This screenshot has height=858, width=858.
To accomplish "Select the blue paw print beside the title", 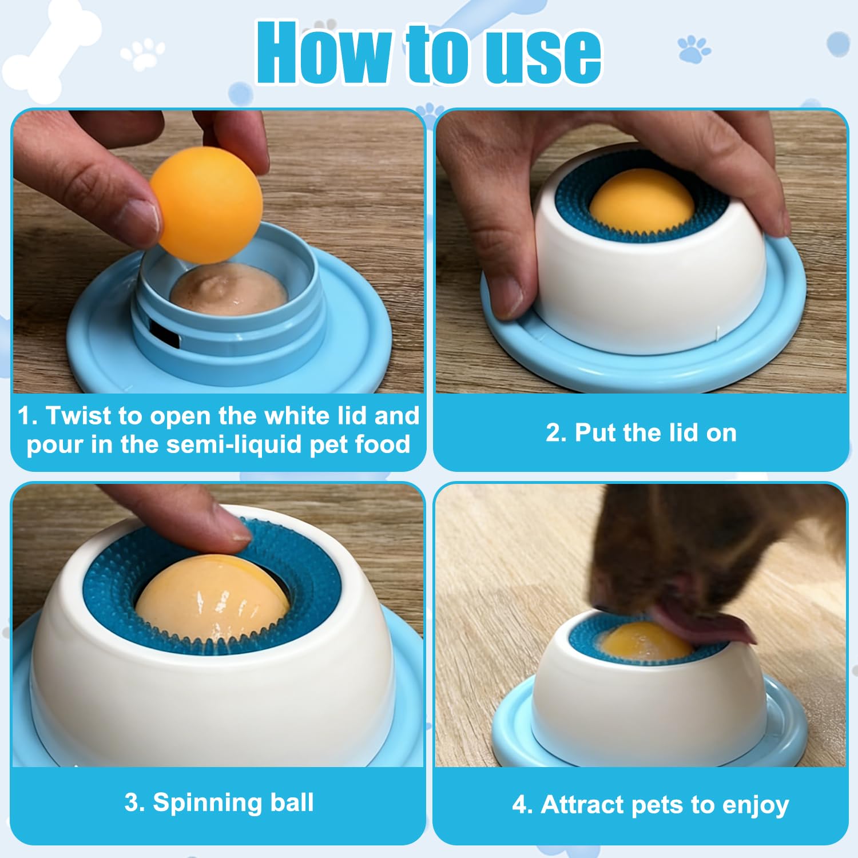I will pos(694,49).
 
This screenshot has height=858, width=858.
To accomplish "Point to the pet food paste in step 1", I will pos(229,292).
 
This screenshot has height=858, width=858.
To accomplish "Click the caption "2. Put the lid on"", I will pos(641,433).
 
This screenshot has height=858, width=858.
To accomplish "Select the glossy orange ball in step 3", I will pos(212,601).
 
